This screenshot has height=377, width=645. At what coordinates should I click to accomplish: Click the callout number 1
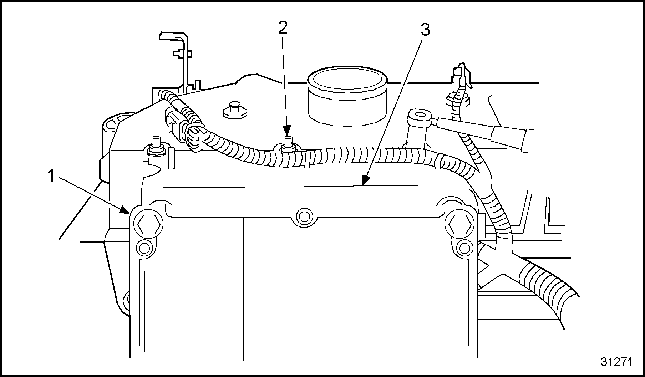coord(51,176)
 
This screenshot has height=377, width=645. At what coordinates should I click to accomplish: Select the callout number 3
coord(425,30)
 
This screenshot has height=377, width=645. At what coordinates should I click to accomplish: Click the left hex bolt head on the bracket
coord(148,225)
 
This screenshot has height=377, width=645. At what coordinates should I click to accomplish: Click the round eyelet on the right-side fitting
coord(420,115)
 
